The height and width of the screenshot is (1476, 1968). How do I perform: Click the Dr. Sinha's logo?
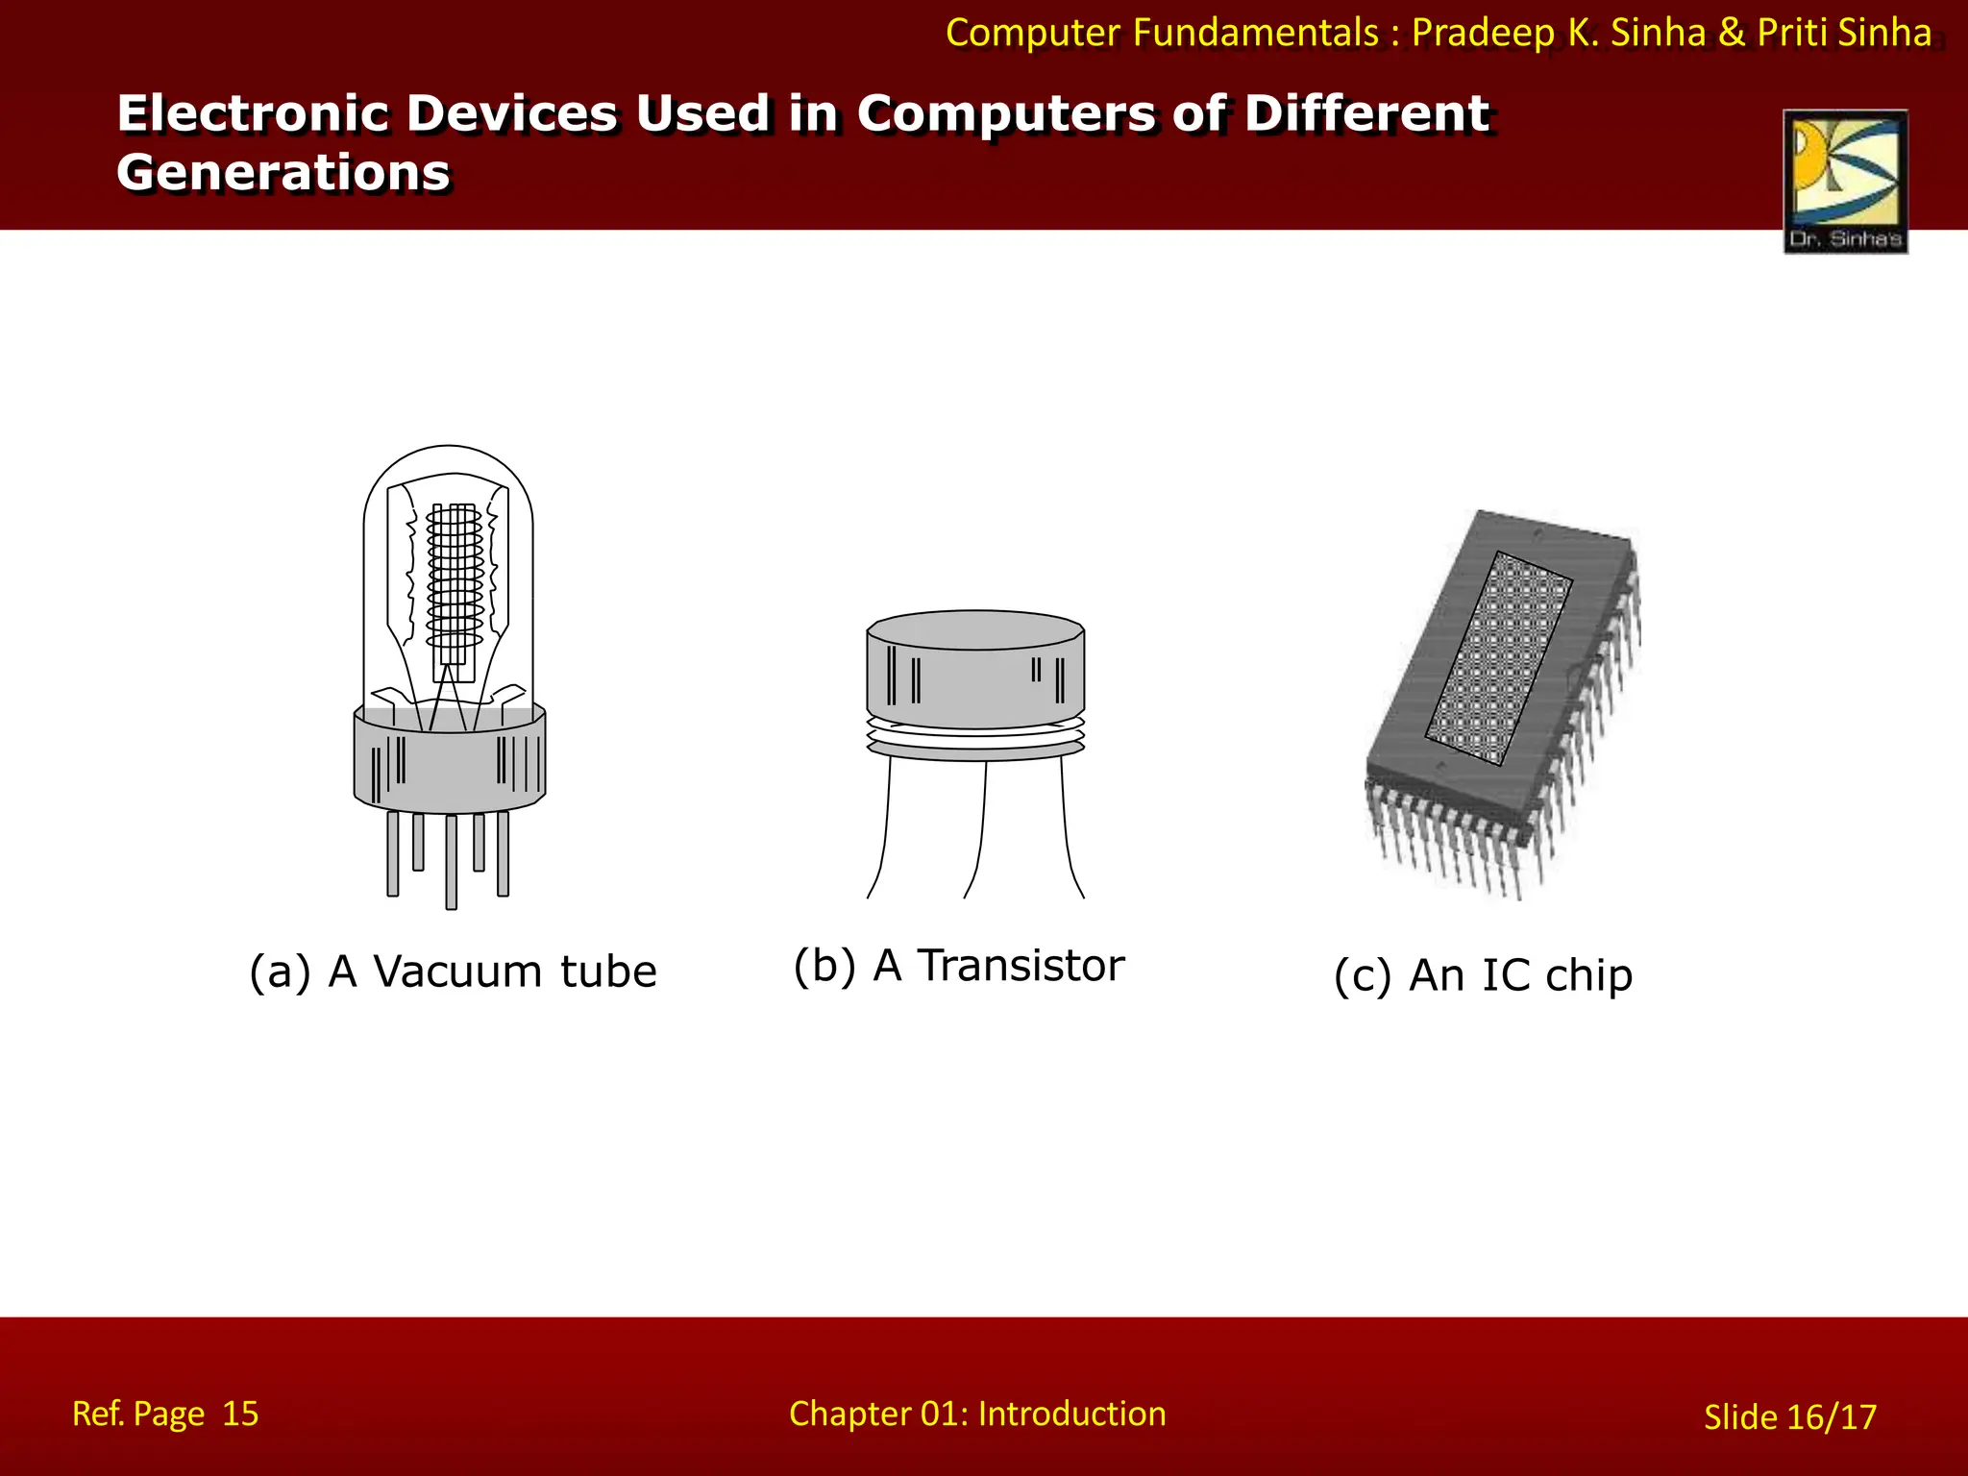[1845, 181]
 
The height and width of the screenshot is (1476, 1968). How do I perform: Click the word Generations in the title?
[283, 173]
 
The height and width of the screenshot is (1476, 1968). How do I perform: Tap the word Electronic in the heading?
[252, 113]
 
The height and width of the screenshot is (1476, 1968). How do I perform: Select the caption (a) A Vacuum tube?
[453, 972]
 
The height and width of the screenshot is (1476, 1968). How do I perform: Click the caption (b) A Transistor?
[958, 965]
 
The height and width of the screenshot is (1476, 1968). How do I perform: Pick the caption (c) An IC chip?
[1483, 975]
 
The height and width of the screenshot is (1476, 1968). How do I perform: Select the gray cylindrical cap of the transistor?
[975, 673]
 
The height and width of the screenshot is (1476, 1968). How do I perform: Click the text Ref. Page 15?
[165, 1414]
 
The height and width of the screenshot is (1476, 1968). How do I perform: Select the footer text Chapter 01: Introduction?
[977, 1414]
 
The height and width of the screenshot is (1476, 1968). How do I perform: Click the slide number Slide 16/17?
[1789, 1417]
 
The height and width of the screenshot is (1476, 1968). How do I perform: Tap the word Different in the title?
[1365, 113]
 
